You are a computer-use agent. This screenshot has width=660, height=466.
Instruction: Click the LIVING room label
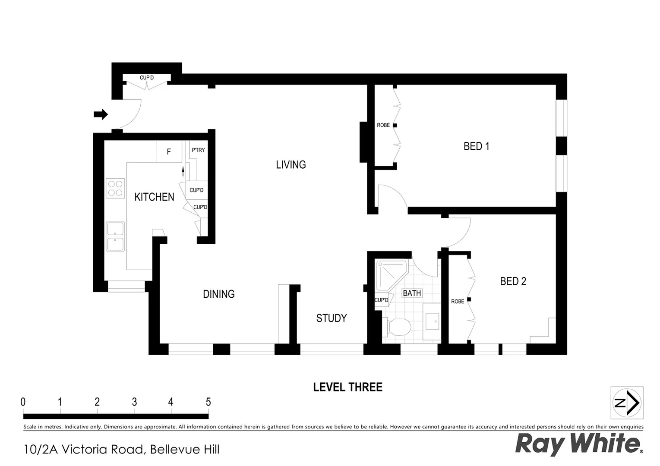click(291, 164)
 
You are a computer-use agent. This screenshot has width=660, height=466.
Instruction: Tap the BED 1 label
click(476, 146)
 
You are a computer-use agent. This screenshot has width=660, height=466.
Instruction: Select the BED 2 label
click(513, 281)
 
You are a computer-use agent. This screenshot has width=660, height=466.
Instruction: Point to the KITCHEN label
click(154, 197)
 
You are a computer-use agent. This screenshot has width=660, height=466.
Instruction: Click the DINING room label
click(219, 294)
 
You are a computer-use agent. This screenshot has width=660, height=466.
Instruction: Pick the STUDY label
click(331, 318)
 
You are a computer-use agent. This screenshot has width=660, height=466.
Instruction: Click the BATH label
click(411, 293)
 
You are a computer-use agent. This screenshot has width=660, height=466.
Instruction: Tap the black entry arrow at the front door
click(101, 114)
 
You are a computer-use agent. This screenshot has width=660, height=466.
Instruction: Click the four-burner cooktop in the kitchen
click(115, 189)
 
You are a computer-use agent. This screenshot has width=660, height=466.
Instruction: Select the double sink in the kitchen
click(115, 236)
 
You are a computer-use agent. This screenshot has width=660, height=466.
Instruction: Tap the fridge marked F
click(169, 152)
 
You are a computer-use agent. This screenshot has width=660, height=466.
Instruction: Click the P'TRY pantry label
click(198, 150)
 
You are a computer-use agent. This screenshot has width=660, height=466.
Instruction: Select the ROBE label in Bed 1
click(383, 125)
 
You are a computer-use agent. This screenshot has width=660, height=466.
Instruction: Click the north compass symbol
click(627, 403)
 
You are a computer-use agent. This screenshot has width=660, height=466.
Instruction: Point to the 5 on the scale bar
click(208, 402)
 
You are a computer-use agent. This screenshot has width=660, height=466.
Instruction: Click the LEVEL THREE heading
click(347, 387)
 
